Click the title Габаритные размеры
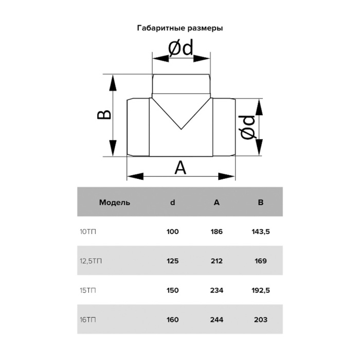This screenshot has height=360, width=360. tap(180, 28)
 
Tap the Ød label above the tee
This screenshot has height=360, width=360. tap(181, 48)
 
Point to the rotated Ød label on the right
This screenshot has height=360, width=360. tap(248, 128)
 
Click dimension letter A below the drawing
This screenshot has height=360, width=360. tap(181, 168)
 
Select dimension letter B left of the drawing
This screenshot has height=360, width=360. tap(104, 115)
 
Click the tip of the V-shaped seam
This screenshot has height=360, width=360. tap(181, 129)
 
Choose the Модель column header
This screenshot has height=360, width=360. tap(115, 203)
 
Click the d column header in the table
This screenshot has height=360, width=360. tap(173, 202)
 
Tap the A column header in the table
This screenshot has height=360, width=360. tap(217, 203)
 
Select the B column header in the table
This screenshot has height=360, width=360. tap(261, 203)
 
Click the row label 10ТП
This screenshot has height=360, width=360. tap(88, 231)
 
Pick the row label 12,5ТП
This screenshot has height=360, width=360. tap(91, 261)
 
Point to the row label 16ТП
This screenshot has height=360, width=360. tap(88, 319)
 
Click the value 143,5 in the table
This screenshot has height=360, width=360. tap(261, 231)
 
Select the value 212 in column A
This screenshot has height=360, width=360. tap(217, 261)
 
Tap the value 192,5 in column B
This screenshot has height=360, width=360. tap(261, 291)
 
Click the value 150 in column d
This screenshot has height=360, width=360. tap(173, 291)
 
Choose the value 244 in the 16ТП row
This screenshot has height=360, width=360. tap(217, 319)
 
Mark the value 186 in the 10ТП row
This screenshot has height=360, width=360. tap(217, 231)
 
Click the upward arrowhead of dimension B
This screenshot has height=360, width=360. tap(113, 83)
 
